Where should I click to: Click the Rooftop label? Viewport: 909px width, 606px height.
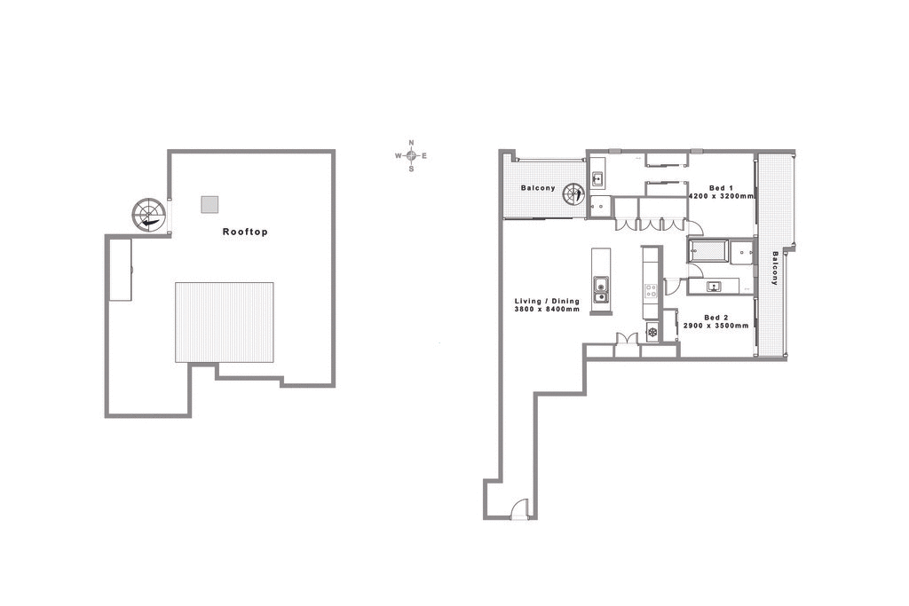coord(244,232)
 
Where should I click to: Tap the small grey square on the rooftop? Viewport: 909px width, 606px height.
coord(209,204)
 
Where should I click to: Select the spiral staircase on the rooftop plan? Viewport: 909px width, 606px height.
coord(148,214)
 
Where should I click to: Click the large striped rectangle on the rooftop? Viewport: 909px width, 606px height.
coord(224,322)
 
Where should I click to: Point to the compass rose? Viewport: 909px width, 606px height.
coord(411,155)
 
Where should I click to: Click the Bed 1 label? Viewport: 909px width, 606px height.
coord(721,187)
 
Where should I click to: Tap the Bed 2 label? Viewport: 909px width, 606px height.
coord(716,317)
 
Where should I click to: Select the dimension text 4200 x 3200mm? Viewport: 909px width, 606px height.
coord(721,196)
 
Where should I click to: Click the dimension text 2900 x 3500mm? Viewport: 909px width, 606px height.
coord(715,326)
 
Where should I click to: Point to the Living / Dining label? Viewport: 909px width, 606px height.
coord(547,301)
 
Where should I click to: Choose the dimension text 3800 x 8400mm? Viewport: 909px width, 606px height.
coord(547,310)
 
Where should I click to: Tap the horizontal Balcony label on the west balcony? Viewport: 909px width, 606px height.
coord(538,188)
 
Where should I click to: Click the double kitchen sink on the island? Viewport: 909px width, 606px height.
coord(601,290)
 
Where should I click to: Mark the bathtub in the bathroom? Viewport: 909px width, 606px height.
coord(707,252)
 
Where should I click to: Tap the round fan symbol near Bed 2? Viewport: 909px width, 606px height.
coord(652,333)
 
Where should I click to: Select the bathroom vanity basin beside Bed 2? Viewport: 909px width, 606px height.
coord(713,286)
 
